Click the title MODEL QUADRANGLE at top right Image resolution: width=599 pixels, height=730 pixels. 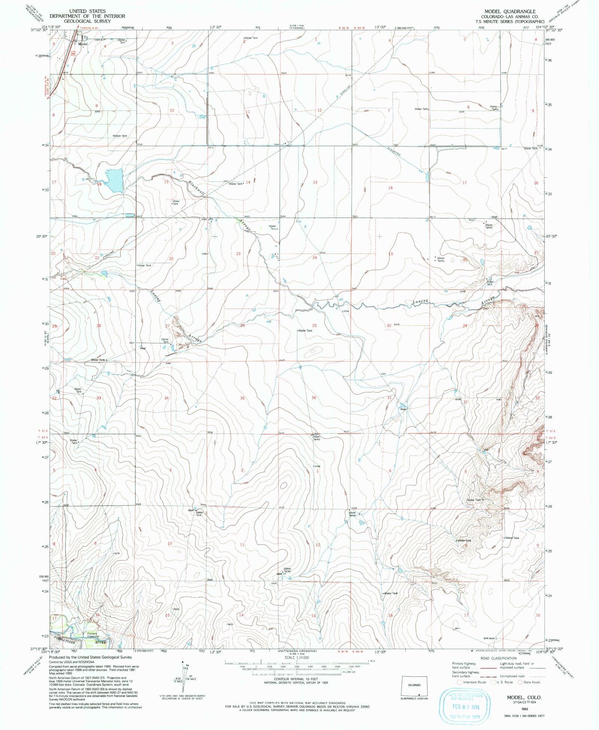pyautogui.click(x=510, y=12)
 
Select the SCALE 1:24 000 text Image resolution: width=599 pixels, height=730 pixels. pyautogui.click(x=297, y=657)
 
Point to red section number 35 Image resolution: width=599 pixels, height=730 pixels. pyautogui.click(x=242, y=398)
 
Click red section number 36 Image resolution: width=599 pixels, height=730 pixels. pyautogui.click(x=314, y=398)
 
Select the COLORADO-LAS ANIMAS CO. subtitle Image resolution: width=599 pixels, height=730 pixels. pyautogui.click(x=510, y=17)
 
